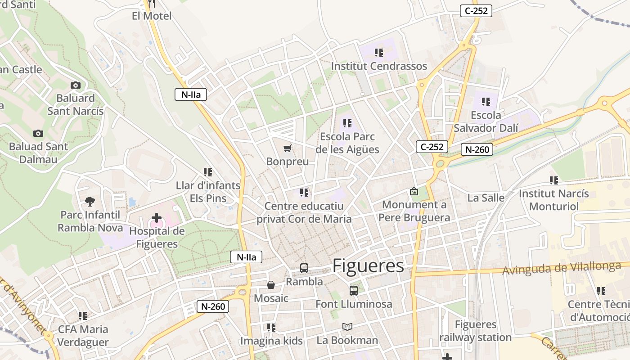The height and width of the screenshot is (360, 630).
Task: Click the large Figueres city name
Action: (368, 266)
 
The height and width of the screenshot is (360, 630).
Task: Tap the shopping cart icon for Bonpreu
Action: (287, 148)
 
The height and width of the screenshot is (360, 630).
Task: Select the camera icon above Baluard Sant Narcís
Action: (75, 85)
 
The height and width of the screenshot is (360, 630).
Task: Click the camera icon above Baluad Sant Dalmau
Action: (38, 133)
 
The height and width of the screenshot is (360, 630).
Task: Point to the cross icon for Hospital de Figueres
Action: (156, 218)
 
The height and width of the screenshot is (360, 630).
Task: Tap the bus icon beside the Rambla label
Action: (304, 268)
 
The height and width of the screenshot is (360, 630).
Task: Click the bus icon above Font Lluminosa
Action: (354, 291)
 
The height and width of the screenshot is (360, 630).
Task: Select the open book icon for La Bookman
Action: (347, 327)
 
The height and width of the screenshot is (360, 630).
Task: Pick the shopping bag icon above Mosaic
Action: (271, 285)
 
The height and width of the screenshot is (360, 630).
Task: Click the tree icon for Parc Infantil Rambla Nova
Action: (90, 201)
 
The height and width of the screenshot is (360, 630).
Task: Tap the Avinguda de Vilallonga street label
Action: (562, 268)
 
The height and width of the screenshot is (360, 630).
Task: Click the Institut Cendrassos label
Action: (379, 66)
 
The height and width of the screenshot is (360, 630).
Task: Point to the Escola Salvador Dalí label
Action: (486, 121)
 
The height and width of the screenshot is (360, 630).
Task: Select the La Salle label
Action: (486, 198)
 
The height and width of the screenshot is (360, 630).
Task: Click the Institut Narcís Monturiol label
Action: (553, 200)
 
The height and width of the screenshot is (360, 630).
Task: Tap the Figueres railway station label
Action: (476, 331)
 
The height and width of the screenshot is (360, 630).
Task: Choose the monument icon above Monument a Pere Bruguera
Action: (414, 191)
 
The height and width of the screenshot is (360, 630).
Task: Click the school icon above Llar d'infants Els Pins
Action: (207, 172)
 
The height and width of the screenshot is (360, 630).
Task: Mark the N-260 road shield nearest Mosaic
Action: (213, 306)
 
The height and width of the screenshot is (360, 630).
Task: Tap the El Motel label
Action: (152, 16)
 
